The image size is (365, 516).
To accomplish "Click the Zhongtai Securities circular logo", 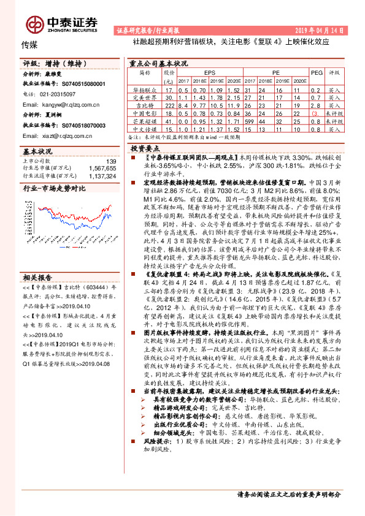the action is (x=29, y=23).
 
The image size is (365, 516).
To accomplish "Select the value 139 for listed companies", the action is (x=110, y=161).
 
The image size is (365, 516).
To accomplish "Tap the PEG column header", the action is (x=316, y=72).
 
